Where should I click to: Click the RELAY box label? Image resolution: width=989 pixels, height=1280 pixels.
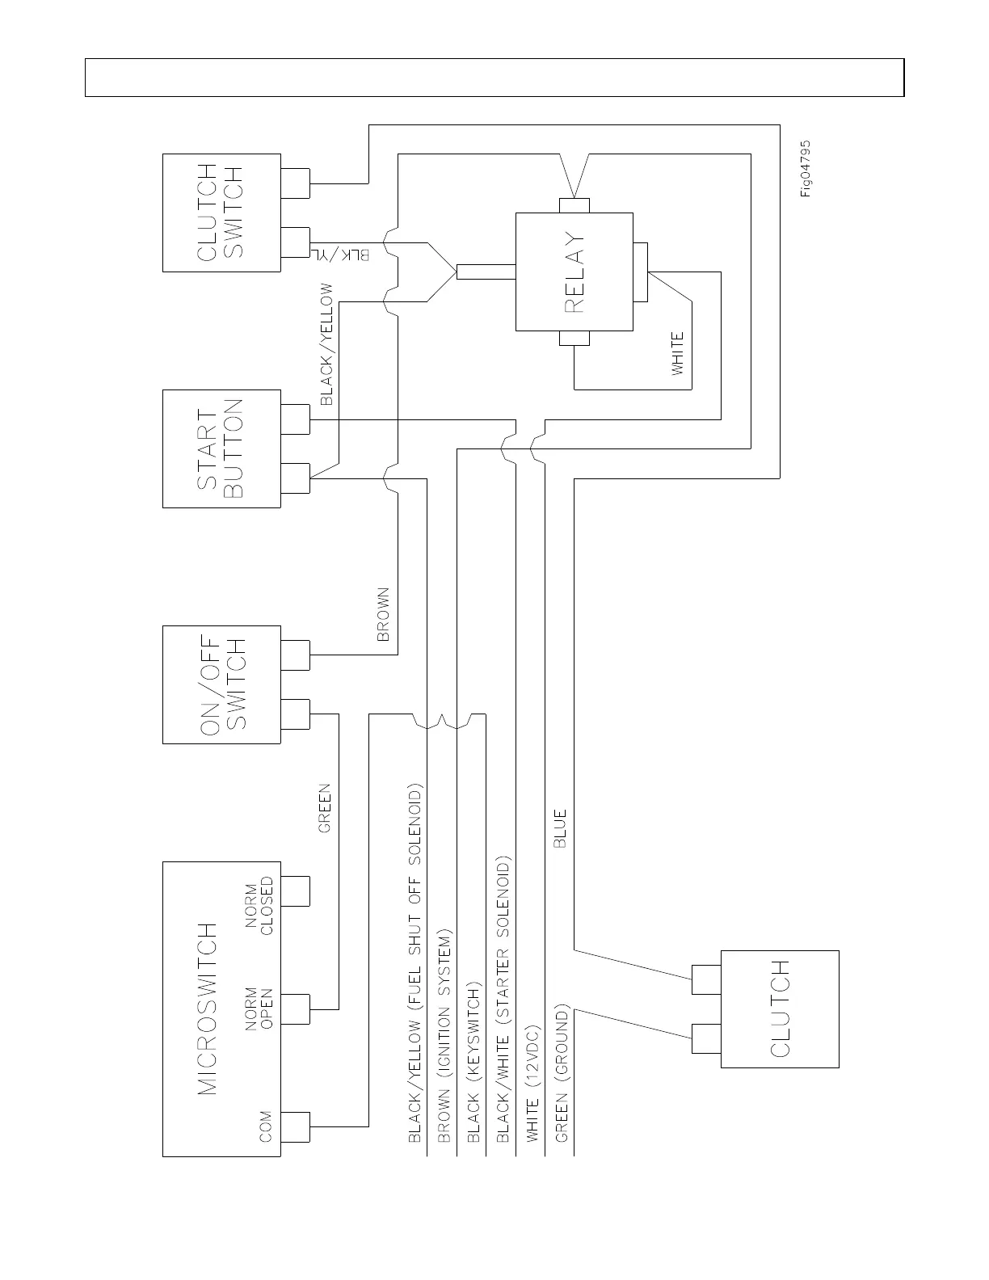pos(574,272)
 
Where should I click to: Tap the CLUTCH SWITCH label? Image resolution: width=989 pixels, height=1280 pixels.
pos(220,212)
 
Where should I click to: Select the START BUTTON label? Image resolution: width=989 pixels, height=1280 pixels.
pos(220,448)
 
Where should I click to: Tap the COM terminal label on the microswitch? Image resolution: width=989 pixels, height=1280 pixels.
pos(265,1126)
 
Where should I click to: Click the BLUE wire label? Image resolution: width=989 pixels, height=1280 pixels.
pos(560,827)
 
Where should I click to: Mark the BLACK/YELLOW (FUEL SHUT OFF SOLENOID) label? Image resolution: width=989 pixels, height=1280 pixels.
pos(415,962)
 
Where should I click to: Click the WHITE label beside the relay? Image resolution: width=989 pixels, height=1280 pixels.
pos(678,353)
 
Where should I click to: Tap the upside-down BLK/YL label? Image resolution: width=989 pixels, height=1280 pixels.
pos(343,255)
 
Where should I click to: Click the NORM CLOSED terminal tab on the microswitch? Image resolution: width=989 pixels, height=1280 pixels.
pos(296,891)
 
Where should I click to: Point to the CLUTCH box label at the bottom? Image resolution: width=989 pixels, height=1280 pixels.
pos(780,1008)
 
